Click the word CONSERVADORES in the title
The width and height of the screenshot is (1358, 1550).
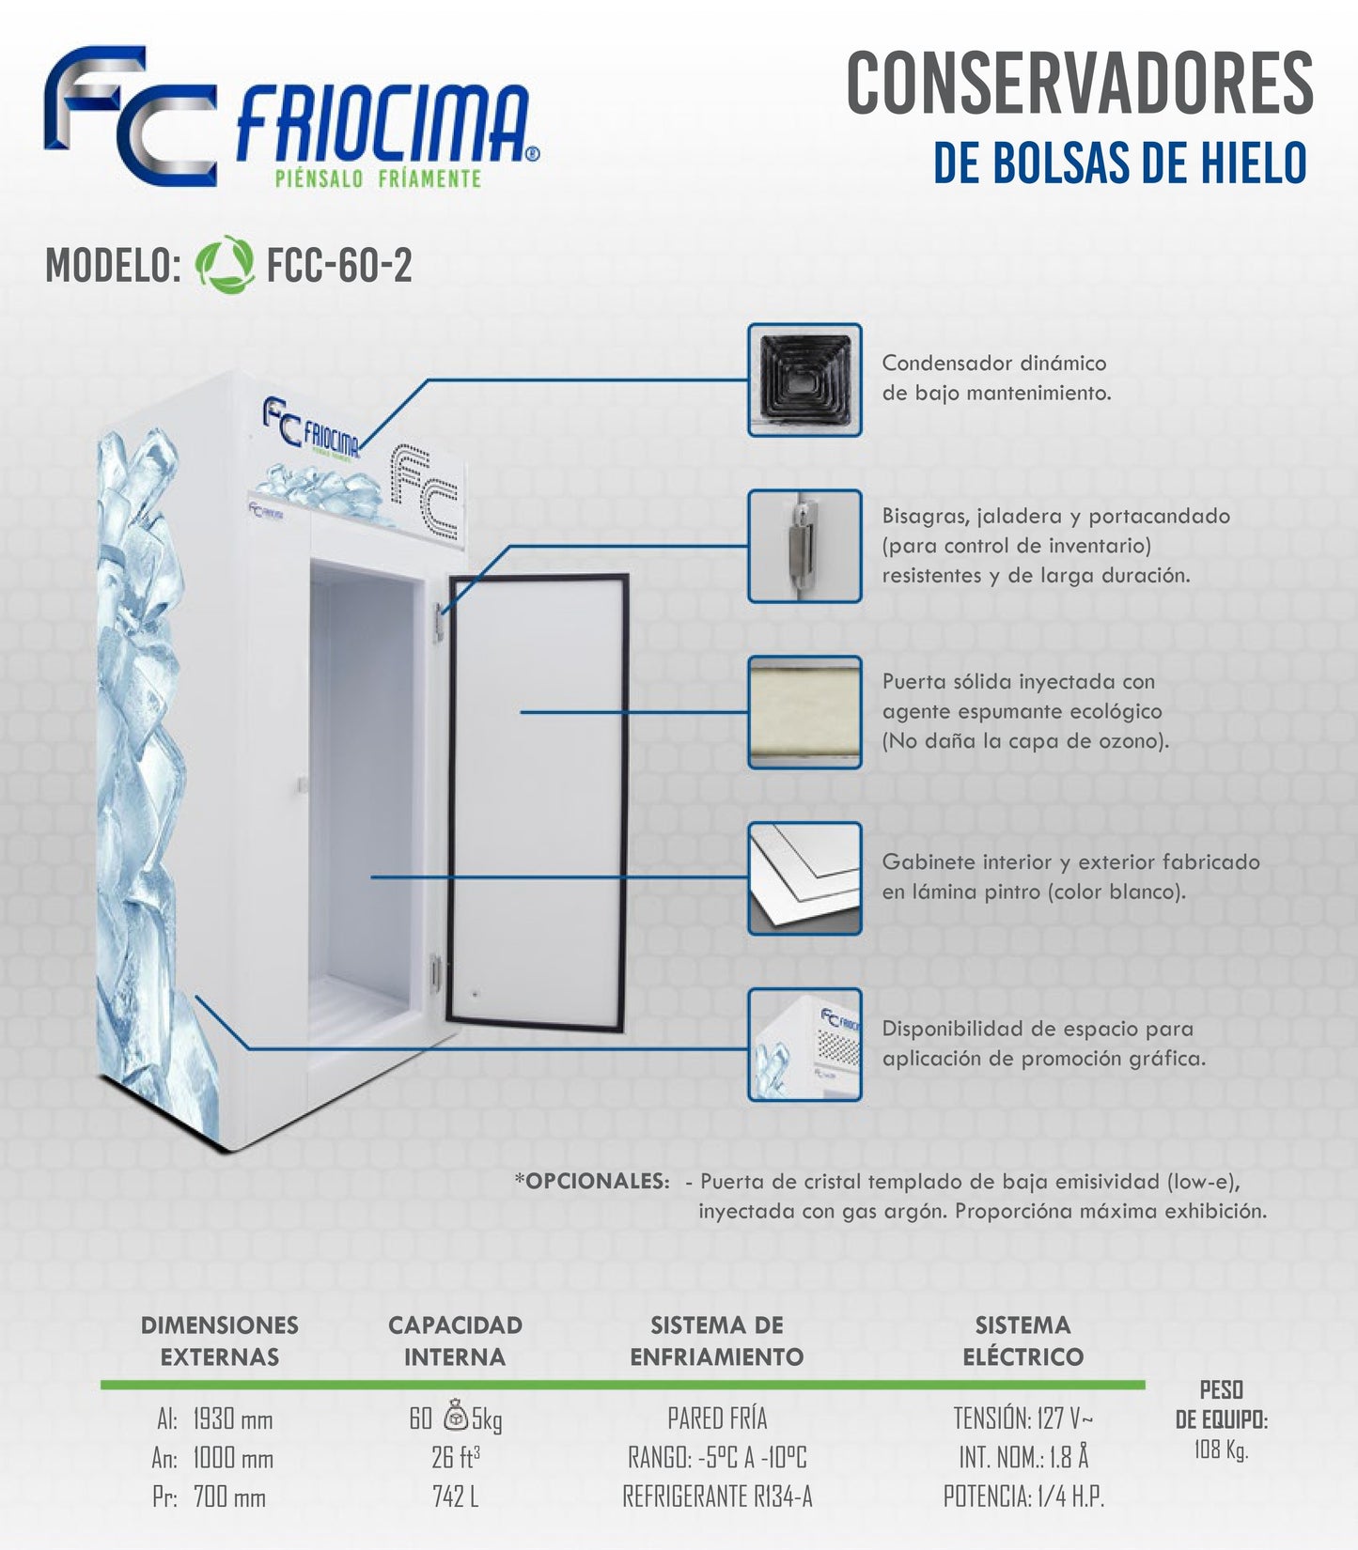click(1080, 84)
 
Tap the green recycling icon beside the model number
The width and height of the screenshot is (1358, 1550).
click(225, 265)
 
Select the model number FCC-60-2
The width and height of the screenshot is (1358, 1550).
click(339, 266)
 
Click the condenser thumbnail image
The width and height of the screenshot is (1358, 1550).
click(804, 380)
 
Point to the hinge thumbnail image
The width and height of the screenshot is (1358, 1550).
click(804, 546)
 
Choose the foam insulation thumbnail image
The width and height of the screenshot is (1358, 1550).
click(804, 712)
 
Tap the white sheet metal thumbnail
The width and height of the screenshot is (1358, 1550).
click(804, 878)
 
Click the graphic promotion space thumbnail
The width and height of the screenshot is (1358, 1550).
click(804, 1045)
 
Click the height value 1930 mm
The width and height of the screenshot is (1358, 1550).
click(232, 1418)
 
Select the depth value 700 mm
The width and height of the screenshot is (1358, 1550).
click(229, 1496)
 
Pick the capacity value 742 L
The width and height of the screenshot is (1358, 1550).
click(455, 1496)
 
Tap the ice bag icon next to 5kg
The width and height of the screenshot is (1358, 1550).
click(455, 1415)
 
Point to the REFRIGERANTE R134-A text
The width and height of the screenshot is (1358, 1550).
click(717, 1496)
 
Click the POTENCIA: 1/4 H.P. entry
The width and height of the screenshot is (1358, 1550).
click(1023, 1496)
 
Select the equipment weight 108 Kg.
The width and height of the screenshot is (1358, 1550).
click(1221, 1449)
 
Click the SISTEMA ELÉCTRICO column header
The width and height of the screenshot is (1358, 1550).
click(1022, 1341)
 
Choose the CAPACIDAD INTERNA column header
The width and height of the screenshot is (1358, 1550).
click(455, 1341)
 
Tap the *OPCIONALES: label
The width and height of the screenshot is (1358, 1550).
click(592, 1181)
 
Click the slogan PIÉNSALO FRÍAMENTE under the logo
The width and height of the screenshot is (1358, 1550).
click(378, 178)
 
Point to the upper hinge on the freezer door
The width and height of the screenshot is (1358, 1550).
click(439, 622)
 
